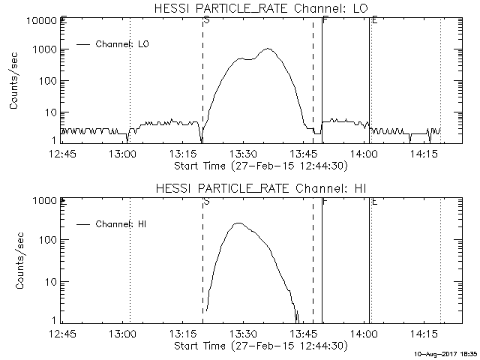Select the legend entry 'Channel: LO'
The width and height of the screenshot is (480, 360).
(x=124, y=44)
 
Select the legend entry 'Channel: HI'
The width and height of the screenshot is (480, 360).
(x=123, y=224)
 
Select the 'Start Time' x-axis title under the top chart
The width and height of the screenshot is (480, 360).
(x=259, y=165)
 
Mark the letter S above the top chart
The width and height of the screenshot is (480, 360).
(x=206, y=20)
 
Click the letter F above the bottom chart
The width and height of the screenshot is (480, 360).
(x=324, y=200)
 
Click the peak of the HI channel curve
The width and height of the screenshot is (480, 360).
(x=238, y=223)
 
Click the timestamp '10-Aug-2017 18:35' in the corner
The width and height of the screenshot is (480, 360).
(x=448, y=352)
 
